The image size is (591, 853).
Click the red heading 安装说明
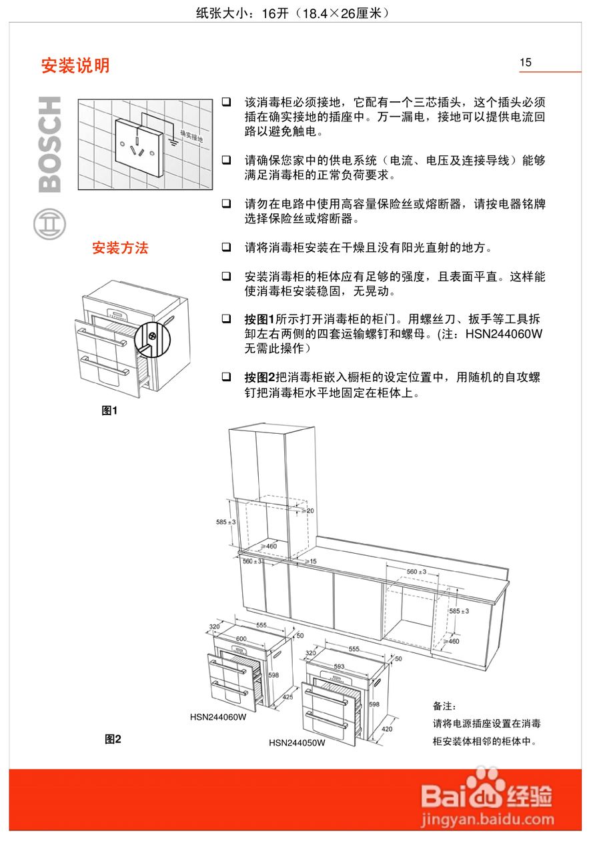click(75, 66)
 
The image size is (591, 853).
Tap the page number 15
click(526, 63)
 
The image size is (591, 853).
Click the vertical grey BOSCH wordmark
click(50, 145)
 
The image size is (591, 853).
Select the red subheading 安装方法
click(120, 249)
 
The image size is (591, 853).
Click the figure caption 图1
click(109, 411)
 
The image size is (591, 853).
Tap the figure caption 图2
click(113, 738)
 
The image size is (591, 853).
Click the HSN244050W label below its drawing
click(297, 742)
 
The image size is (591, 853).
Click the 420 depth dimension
click(387, 729)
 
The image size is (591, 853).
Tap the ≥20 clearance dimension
click(308, 510)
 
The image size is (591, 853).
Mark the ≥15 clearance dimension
click(310, 562)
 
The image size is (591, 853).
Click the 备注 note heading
click(446, 706)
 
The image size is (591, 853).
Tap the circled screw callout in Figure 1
click(153, 335)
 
